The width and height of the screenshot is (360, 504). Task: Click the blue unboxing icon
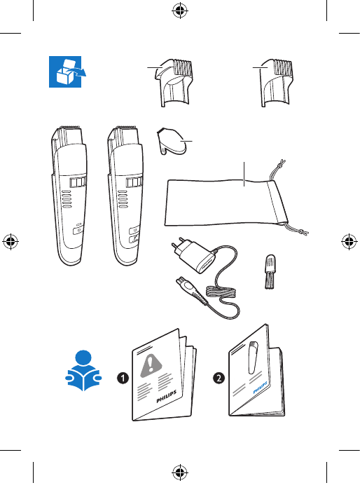coord(67,71)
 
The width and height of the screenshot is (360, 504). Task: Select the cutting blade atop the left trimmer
coord(70,128)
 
